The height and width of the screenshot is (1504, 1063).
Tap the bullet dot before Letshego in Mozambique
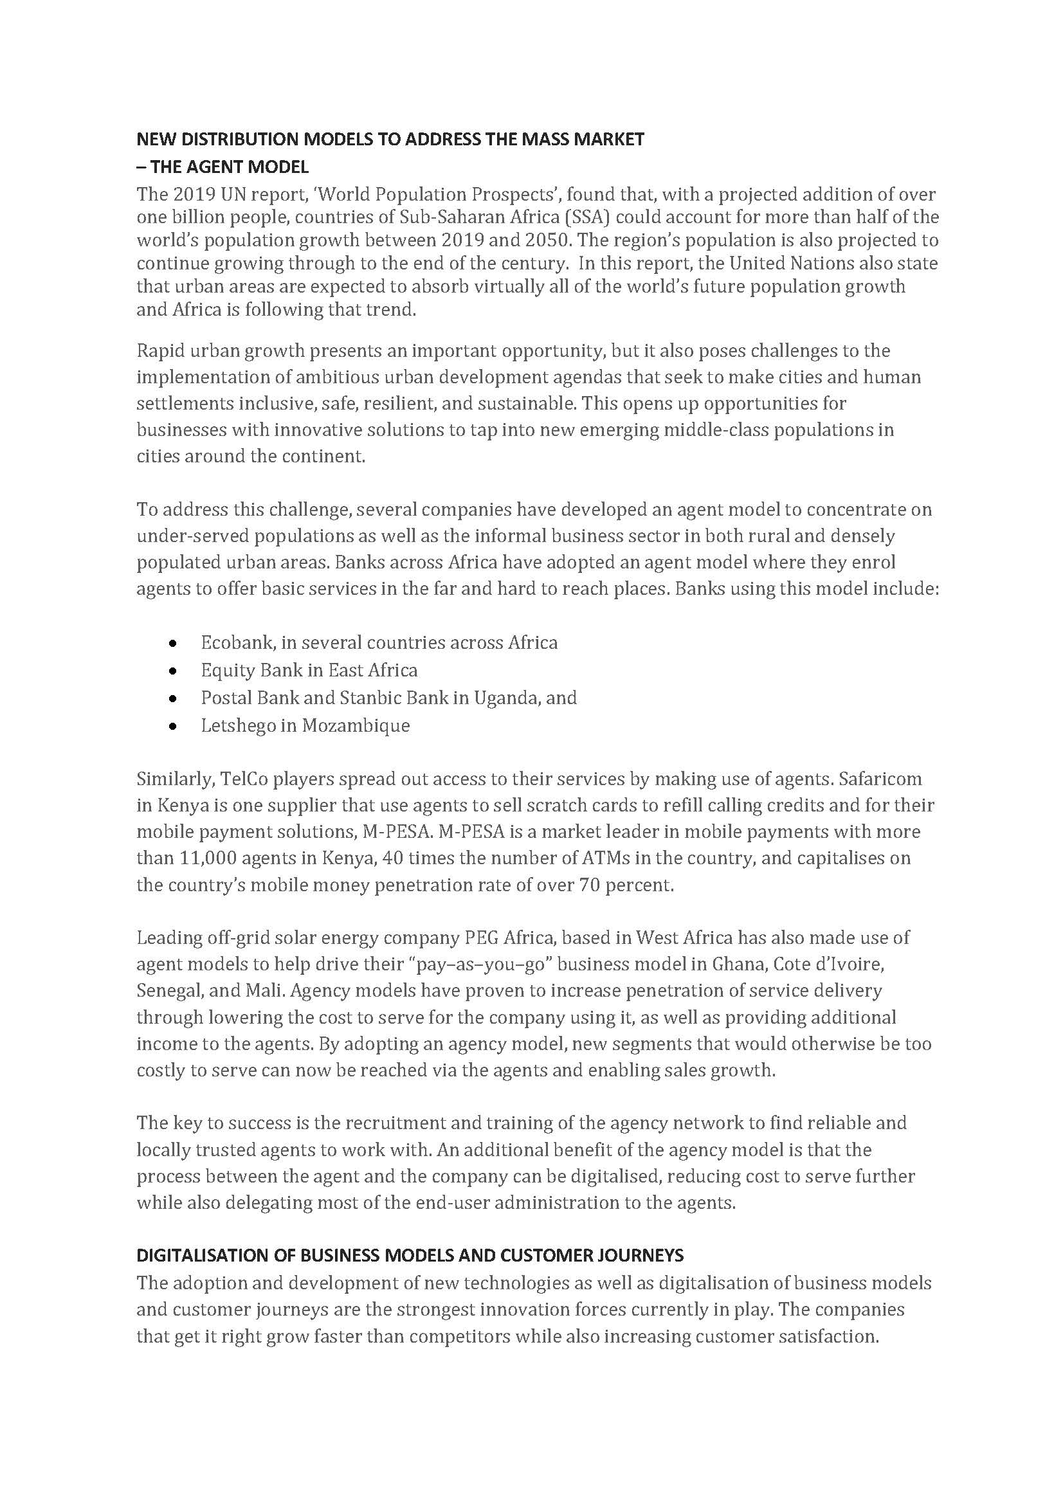coord(172,726)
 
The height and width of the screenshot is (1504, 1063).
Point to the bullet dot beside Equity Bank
coord(172,671)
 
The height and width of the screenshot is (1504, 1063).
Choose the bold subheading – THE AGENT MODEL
coord(223,167)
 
